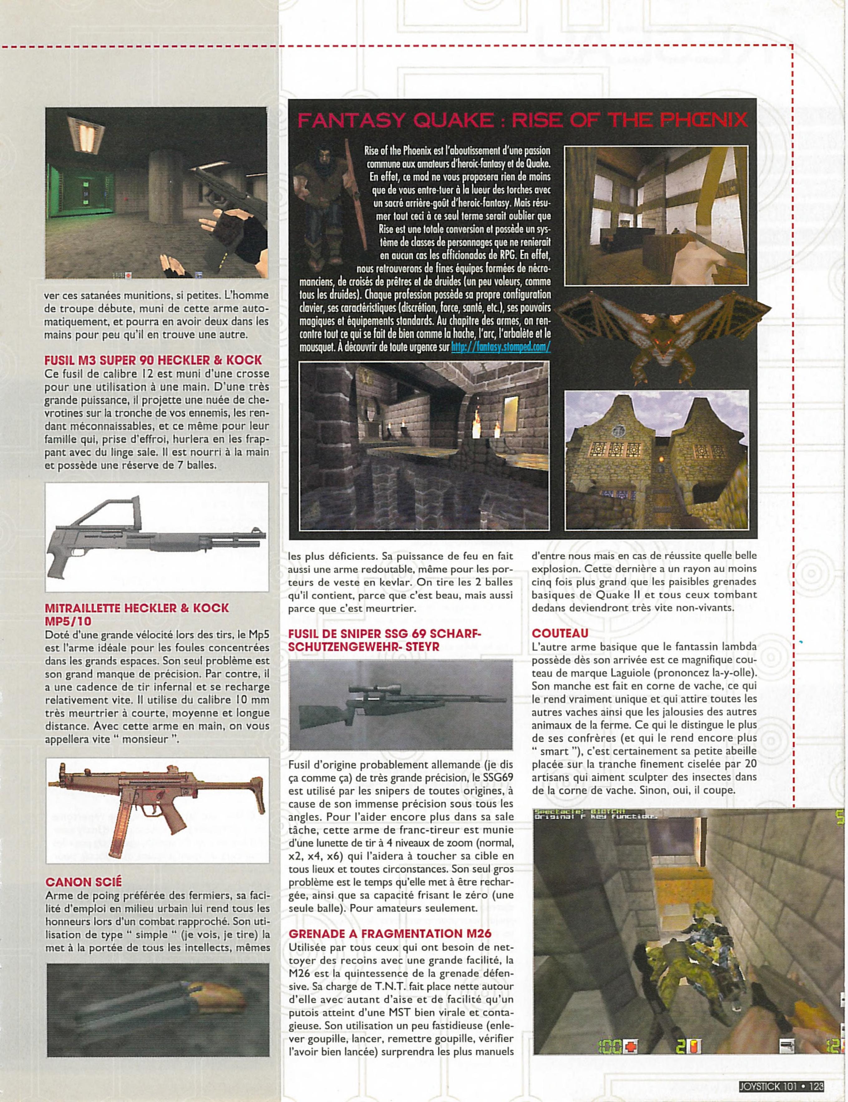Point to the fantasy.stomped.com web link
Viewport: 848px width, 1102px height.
point(501,347)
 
